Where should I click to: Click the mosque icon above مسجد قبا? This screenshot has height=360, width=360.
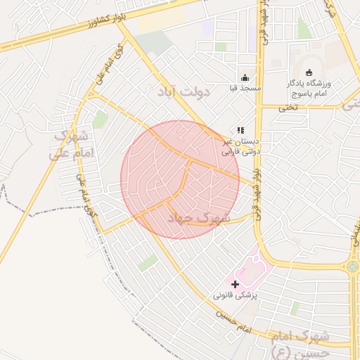pos(245,77)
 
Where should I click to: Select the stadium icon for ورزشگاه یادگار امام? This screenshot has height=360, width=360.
pos(309,72)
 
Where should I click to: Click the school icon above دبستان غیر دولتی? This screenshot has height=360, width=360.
pos(240,130)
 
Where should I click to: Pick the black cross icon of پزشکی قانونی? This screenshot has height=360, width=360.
pos(235,283)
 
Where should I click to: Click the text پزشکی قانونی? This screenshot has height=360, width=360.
pos(236,295)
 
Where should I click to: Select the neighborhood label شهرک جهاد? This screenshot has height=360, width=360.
pos(198,218)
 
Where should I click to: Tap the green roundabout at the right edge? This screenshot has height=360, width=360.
pos(353,266)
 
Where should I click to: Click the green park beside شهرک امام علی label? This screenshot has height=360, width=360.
pos(100,120)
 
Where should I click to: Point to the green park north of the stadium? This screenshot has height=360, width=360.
pos(304,30)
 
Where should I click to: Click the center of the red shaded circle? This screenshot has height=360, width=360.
pos(180,179)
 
